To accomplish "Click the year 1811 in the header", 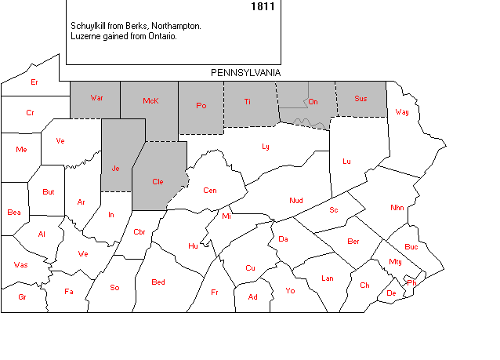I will (x=263, y=6).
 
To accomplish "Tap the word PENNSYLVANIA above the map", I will (x=246, y=72).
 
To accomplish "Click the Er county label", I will (x=34, y=82).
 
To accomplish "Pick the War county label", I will (x=97, y=98).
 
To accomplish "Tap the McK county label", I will (x=151, y=101).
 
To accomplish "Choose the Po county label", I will (x=201, y=105).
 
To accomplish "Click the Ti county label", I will (x=248, y=101).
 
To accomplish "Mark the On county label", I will (x=313, y=101).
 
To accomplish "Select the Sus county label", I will (x=361, y=98).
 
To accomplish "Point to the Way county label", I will (x=402, y=111).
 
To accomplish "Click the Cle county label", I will (x=158, y=181).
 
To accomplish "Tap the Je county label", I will (x=115, y=168).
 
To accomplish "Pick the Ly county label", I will (x=266, y=146).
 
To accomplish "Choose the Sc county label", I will (x=333, y=209).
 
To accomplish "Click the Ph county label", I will (x=412, y=282).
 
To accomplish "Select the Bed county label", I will (x=158, y=282).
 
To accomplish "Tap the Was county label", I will (x=20, y=264).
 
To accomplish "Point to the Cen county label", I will (x=210, y=190).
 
